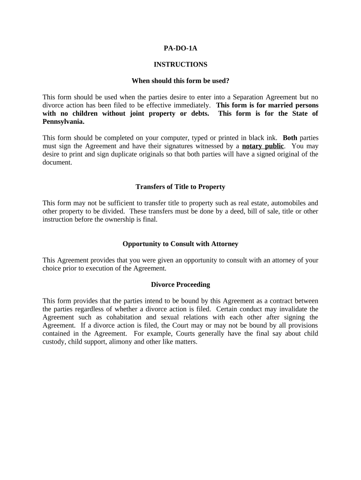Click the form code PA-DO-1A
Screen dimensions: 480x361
click(x=180, y=48)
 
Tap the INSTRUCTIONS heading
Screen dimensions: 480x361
click(x=180, y=64)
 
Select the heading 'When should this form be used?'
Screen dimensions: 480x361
click(x=180, y=81)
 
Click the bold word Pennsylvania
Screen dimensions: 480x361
click(x=63, y=121)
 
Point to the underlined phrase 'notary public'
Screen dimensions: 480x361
click(x=263, y=146)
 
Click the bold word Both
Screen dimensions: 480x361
click(x=290, y=138)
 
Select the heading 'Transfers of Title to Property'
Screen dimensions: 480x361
click(x=180, y=187)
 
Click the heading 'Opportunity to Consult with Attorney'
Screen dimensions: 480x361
click(x=180, y=244)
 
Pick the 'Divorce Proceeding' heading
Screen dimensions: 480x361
click(x=180, y=285)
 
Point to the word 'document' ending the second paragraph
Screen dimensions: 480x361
click(x=57, y=162)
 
